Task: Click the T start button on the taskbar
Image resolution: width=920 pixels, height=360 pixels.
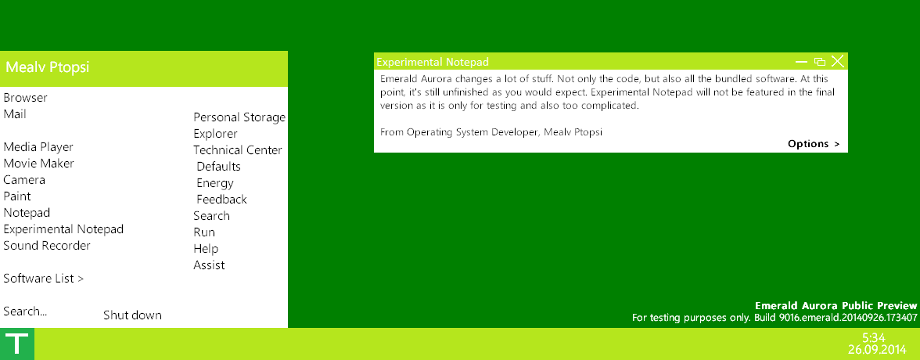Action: coord(17,344)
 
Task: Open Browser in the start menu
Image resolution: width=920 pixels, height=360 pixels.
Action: coord(25,98)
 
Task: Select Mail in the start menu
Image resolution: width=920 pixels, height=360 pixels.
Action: coord(15,114)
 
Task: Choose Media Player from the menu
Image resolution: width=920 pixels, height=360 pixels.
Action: coord(38,147)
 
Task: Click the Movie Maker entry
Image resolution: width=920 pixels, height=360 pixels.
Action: coord(39,164)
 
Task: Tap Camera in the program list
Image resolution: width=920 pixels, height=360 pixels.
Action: coord(24,180)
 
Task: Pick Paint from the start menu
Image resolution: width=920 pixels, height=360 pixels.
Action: coord(17,196)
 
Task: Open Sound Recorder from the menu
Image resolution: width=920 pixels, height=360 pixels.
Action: coord(47,246)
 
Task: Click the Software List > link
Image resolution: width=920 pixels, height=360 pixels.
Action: coord(44,279)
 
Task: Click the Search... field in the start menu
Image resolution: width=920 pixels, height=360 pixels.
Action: coord(25,311)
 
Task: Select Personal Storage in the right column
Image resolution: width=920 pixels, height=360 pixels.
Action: coord(239,117)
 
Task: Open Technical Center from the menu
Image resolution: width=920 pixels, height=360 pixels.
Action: coord(238,150)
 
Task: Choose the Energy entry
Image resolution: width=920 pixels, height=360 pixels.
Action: coord(214,183)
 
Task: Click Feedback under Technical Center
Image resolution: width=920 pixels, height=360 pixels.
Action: coord(222,200)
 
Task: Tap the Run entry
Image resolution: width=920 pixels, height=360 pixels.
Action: coord(204,232)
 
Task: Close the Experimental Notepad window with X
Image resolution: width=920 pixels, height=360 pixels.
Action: coord(837,61)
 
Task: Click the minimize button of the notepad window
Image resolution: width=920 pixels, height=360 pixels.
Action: coord(801,62)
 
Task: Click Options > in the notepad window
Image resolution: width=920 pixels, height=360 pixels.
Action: coord(814,144)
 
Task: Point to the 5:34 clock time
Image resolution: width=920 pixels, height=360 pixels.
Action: coord(874,337)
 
